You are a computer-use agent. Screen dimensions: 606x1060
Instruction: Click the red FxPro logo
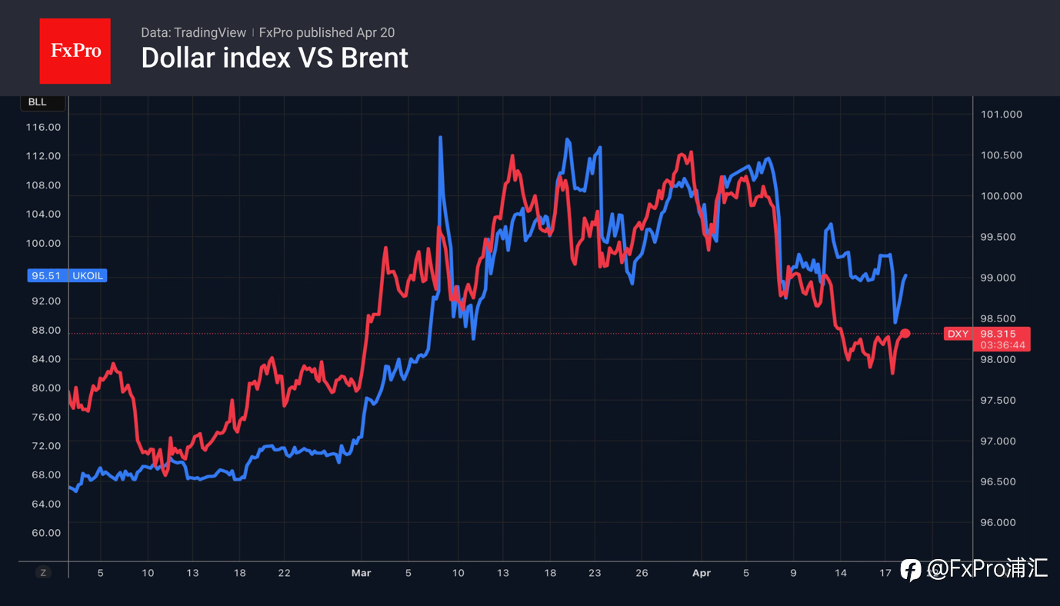(75, 51)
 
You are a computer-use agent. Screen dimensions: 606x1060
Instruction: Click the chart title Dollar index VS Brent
(275, 58)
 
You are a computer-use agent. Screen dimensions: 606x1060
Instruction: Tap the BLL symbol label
(37, 102)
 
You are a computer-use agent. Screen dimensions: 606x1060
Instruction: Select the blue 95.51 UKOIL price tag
(67, 275)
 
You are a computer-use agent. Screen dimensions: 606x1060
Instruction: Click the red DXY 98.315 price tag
(987, 338)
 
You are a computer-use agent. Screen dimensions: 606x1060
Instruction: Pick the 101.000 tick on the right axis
(1001, 115)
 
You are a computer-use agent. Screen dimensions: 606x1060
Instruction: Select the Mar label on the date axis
(361, 573)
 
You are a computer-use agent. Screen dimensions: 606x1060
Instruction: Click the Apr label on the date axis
(701, 573)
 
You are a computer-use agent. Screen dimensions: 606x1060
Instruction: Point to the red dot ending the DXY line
(905, 333)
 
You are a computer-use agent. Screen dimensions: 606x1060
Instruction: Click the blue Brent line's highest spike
(440, 138)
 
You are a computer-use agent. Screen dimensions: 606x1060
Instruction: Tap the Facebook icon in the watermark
(911, 569)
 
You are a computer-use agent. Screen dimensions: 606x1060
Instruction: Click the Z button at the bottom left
(43, 572)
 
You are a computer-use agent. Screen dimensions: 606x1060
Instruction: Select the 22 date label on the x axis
(284, 573)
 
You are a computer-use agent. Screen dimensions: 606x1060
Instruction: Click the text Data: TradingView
(193, 32)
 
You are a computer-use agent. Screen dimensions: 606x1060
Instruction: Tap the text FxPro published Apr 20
(327, 32)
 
